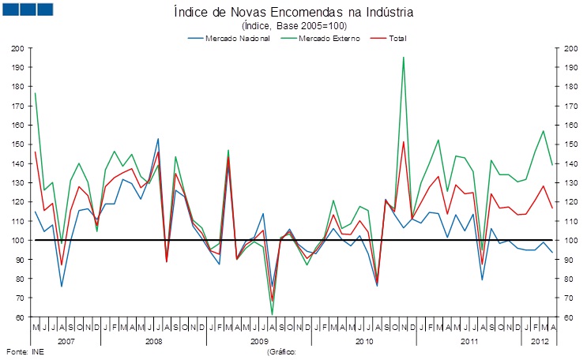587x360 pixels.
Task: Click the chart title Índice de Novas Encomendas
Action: (x=292, y=13)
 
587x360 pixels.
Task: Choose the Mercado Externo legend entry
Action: (x=330, y=38)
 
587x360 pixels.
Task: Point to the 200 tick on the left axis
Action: (x=17, y=48)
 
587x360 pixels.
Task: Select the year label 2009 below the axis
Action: (x=259, y=341)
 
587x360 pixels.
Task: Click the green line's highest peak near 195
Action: (x=404, y=57)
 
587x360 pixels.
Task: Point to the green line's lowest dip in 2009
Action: (x=272, y=315)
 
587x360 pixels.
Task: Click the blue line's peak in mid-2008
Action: (x=158, y=139)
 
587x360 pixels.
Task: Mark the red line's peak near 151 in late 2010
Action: (x=404, y=142)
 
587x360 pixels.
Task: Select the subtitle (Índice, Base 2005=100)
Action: (x=292, y=25)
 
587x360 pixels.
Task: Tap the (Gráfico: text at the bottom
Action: (x=281, y=351)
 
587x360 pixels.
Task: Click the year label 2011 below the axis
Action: (x=470, y=341)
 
